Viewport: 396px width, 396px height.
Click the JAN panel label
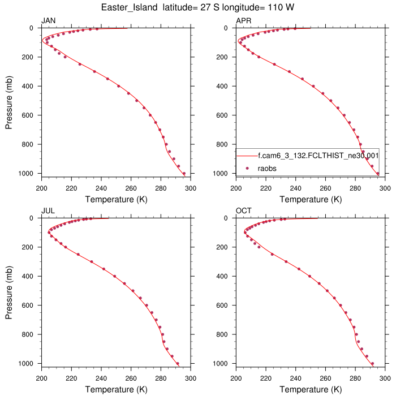pyautogui.click(x=48, y=21)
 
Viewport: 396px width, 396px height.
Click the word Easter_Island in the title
pyautogui.click(x=131, y=7)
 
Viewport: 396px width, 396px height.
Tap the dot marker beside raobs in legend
pyautogui.click(x=247, y=168)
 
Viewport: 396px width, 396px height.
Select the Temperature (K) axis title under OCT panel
pyautogui.click(x=310, y=390)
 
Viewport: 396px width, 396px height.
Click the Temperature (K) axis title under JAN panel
pyautogui.click(x=115, y=200)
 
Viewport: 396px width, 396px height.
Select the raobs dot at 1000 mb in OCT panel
pyautogui.click(x=372, y=363)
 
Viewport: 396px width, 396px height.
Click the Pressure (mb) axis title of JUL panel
pyautogui.click(x=10, y=290)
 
